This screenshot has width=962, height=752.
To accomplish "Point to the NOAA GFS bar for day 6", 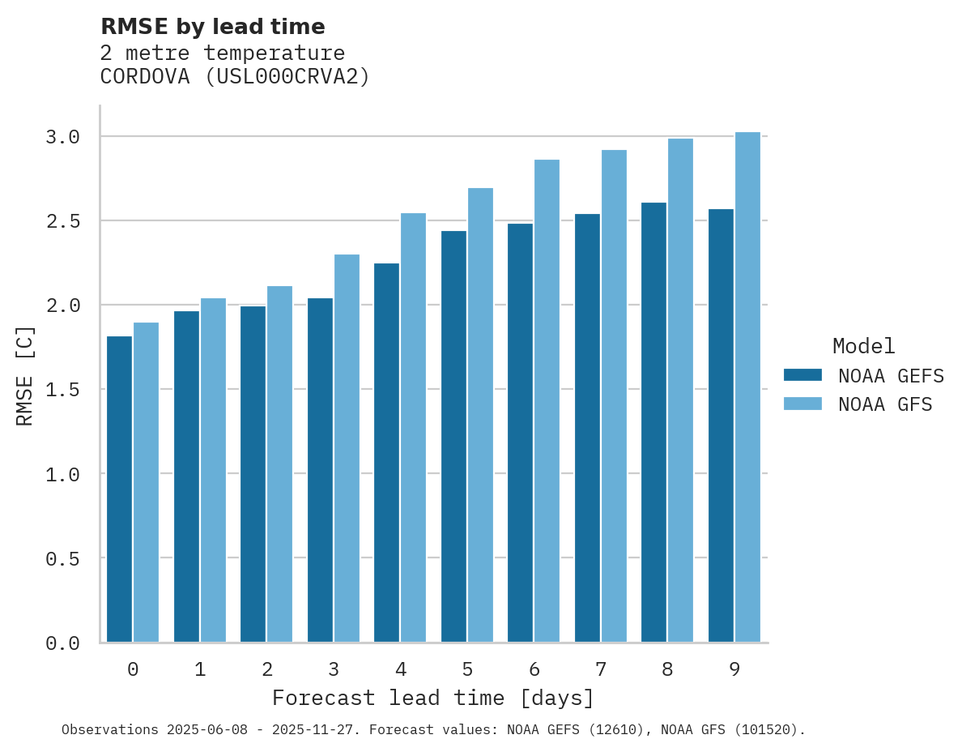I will pos(547,400).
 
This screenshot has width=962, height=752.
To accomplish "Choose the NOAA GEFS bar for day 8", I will pos(653,422).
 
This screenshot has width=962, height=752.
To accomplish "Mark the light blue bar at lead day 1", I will pos(213,470).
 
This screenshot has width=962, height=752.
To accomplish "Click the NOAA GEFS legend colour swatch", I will pos(802,375).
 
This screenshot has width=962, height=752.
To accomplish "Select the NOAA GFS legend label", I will pos(885,404).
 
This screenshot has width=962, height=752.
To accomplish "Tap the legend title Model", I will pos(864,346).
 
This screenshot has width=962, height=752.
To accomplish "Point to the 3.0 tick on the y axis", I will pos(63,137).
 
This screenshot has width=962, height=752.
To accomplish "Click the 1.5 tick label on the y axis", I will pos(63,391).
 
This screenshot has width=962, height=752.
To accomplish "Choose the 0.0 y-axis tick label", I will pos(63,643).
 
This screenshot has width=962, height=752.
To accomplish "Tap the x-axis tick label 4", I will pos(401,669).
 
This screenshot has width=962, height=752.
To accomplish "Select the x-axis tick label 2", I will pos(267,669).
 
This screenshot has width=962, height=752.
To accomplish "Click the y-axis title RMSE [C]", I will pos(25,375).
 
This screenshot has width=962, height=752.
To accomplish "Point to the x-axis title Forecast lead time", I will pos(433,698).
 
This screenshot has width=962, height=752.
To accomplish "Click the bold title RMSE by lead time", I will pos(213,27).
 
